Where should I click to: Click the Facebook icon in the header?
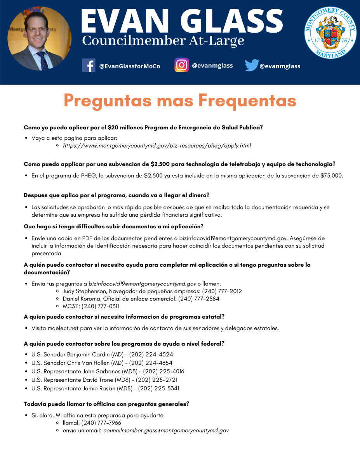(x=89, y=65)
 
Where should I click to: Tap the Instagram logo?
(x=181, y=65)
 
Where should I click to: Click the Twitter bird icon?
(x=251, y=65)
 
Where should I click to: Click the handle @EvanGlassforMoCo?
(x=130, y=66)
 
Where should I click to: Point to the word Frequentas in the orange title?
(x=247, y=101)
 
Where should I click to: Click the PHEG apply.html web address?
(x=157, y=146)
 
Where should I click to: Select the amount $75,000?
(x=332, y=176)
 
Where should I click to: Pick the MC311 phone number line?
(x=91, y=306)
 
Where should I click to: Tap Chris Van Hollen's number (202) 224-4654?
(x=151, y=363)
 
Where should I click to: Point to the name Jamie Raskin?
(x=91, y=388)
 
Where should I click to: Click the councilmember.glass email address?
(x=166, y=431)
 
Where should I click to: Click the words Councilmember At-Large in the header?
(x=163, y=40)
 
